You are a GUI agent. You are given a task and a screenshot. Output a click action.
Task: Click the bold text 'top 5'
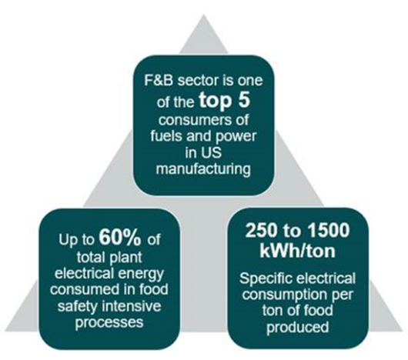click(x=225, y=101)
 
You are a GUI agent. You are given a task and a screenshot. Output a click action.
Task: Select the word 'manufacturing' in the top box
click(x=203, y=169)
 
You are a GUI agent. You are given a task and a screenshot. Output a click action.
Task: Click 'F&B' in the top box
click(x=159, y=80)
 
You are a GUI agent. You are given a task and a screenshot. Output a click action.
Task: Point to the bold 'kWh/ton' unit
click(x=297, y=251)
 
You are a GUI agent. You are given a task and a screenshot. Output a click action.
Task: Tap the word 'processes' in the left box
click(x=109, y=323)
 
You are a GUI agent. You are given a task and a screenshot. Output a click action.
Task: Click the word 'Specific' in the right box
click(x=266, y=279)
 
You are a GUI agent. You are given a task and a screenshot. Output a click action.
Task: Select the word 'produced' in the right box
click(x=298, y=327)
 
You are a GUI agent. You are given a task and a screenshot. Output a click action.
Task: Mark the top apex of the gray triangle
click(x=204, y=15)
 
